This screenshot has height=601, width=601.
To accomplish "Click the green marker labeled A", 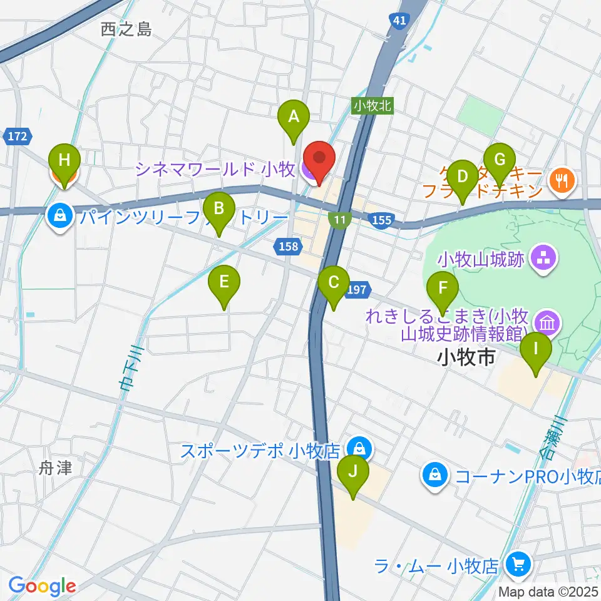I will pos(293,116).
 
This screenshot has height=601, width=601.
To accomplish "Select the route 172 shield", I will pos(17,135).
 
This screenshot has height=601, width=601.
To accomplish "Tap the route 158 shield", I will pos(288,246).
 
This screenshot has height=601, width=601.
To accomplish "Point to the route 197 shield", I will pos(356,289).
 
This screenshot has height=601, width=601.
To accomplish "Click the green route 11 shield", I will pos(339,218).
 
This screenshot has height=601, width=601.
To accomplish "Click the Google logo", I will pos(42,586).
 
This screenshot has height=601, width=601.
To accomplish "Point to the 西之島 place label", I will pos(126,29).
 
